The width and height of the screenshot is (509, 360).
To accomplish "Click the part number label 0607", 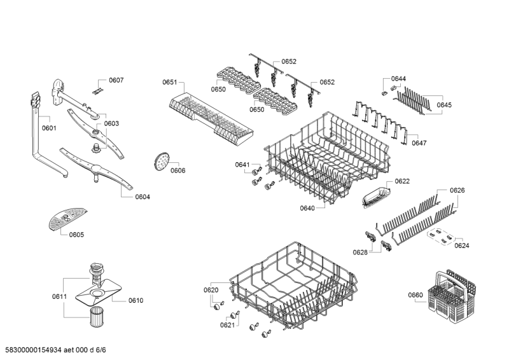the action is [116, 80].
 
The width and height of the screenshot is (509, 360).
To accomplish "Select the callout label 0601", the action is [49, 128].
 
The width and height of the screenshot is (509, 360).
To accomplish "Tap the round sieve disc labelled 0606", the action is [161, 162].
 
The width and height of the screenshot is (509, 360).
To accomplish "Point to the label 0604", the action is [143, 197].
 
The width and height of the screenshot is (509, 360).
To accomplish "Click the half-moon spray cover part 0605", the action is [67, 218].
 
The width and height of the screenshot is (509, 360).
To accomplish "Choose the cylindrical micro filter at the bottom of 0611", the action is [95, 317].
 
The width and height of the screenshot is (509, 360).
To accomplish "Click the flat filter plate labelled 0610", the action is [99, 294].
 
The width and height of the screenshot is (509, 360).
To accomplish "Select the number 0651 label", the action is [170, 82].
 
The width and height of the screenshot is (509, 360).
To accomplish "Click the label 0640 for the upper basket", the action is [307, 208].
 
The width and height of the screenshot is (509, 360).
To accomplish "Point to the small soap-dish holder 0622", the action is [376, 196].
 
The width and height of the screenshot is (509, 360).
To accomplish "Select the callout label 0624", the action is [462, 246].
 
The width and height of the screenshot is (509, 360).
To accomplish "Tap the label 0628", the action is [360, 253].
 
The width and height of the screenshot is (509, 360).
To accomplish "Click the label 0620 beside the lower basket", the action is [211, 290].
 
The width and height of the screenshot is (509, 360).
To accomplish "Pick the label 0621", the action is [227, 325].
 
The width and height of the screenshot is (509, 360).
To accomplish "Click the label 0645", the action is [444, 105].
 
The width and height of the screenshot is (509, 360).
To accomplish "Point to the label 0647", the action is [419, 143].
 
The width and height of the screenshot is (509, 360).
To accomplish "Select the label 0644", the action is [398, 79].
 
